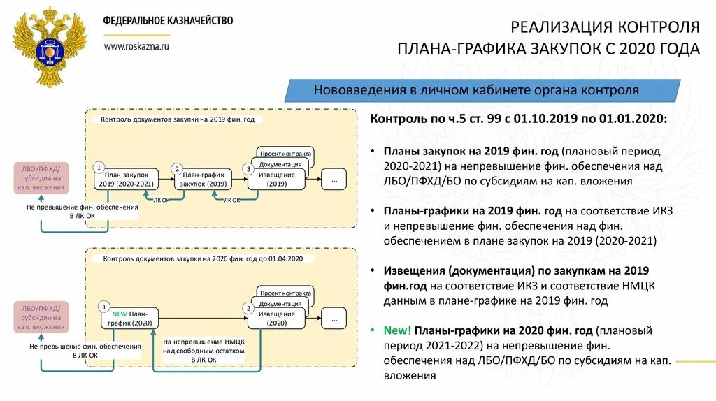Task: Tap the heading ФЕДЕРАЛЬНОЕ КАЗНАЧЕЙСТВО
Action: coord(169,21)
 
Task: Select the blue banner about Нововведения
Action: coord(482,91)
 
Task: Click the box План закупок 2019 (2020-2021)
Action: coord(126,180)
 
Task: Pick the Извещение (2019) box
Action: coord(276,180)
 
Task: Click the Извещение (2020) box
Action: coord(276,319)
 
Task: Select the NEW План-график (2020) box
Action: coord(129,319)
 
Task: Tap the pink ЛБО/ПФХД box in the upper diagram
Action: coord(41,178)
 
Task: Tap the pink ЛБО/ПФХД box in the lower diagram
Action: coord(41,317)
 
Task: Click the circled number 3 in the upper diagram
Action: coord(247,169)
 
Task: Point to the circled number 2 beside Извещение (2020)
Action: coord(247,308)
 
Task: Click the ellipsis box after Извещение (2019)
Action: coord(334,180)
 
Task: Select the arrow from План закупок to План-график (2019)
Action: coord(164,180)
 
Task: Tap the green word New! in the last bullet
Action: coord(397,330)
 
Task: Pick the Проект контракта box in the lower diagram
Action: coord(285,293)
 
